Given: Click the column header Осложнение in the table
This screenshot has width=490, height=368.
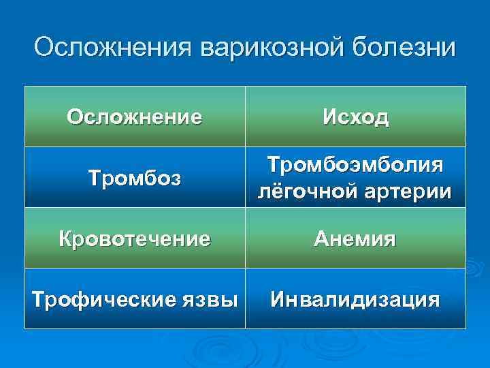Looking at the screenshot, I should pyautogui.click(x=135, y=117).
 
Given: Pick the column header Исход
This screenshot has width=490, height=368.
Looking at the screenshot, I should pyautogui.click(x=356, y=117).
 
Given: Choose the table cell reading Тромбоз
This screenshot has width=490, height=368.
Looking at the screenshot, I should pyautogui.click(x=135, y=179).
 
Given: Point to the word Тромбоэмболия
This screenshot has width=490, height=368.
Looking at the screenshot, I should pyautogui.click(x=355, y=166).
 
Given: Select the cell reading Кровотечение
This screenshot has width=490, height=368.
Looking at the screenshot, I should pyautogui.click(x=135, y=239).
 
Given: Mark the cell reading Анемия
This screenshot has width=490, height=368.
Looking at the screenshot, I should pyautogui.click(x=355, y=239).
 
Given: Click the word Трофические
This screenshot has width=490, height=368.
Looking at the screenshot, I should pyautogui.click(x=91, y=299).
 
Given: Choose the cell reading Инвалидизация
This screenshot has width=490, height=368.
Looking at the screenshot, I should pyautogui.click(x=355, y=299).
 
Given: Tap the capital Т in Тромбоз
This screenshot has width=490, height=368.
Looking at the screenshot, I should pyautogui.click(x=94, y=179).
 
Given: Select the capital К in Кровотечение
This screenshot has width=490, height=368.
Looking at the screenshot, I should pyautogui.click(x=67, y=239).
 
